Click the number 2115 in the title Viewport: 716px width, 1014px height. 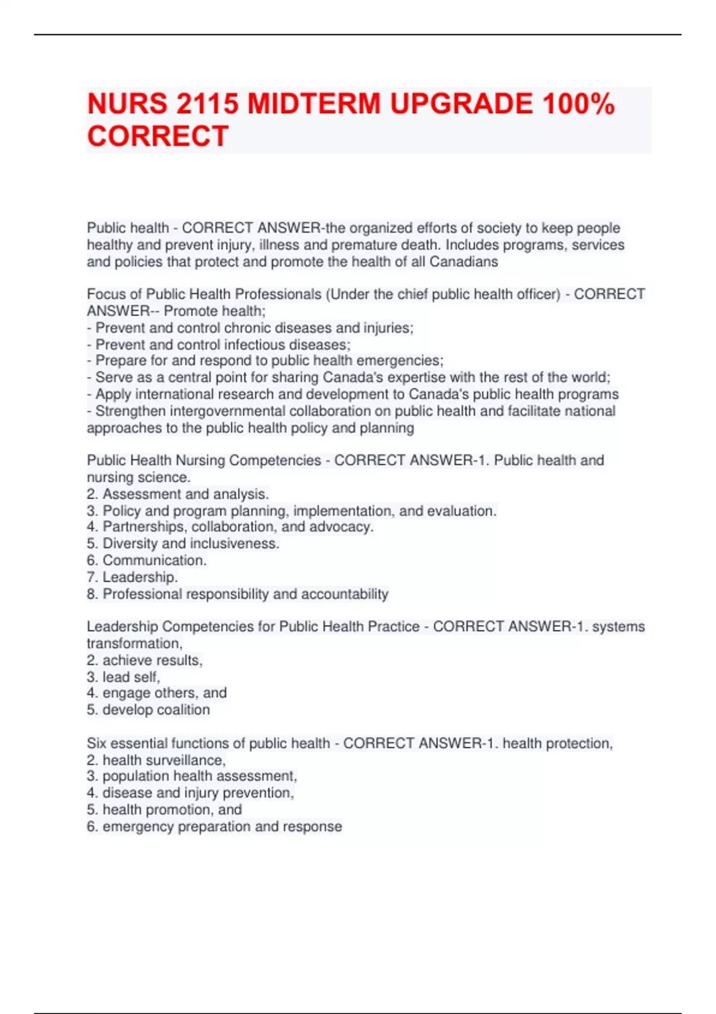(x=206, y=104)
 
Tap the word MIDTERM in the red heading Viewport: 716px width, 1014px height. (x=314, y=104)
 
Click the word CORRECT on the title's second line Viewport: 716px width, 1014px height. (x=158, y=136)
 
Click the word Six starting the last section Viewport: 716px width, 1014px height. (x=97, y=743)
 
